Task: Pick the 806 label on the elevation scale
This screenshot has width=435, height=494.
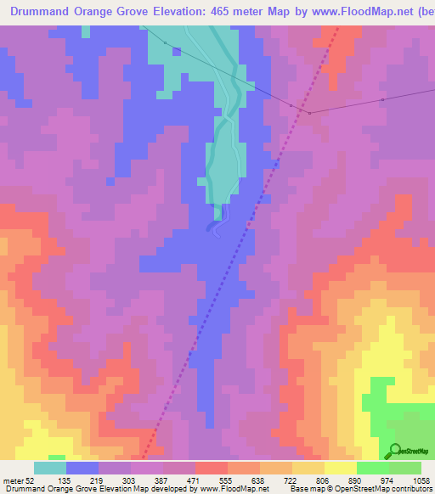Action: pyautogui.click(x=323, y=480)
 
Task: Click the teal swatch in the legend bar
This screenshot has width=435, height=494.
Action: pyautogui.click(x=50, y=468)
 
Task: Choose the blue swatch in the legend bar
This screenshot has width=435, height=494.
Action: pyautogui.click(x=82, y=468)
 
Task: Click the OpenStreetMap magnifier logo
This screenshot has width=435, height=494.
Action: pyautogui.click(x=394, y=451)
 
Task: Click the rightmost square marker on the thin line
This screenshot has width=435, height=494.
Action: pyautogui.click(x=383, y=99)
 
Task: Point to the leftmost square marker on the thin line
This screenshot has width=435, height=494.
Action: pyautogui.click(x=165, y=43)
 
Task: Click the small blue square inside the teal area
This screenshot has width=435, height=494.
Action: pyautogui.click(x=177, y=51)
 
